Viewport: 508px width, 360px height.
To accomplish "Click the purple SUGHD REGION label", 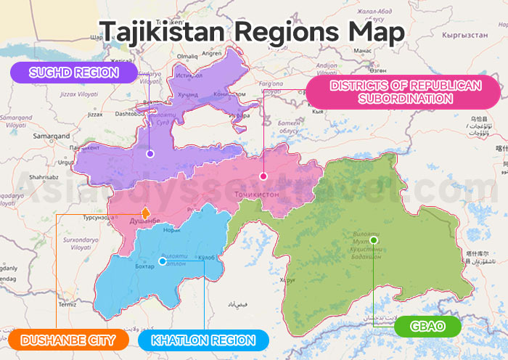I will point(74,72).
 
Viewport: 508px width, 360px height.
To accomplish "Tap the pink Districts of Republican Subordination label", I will point(405,91).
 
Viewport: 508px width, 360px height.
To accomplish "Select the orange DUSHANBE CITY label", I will point(69,340).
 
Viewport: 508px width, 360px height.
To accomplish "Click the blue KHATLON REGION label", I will point(203,340).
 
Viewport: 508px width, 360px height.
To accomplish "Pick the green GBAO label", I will point(427,326).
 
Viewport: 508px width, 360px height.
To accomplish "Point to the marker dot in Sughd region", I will point(149,154).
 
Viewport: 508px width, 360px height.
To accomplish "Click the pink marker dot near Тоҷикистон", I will point(263,176).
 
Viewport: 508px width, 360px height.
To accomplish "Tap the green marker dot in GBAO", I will point(373,240).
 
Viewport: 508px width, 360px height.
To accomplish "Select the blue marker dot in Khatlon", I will point(161,261).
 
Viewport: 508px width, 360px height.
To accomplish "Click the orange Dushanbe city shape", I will point(145,213).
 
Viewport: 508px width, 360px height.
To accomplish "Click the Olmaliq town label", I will point(186,55).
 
